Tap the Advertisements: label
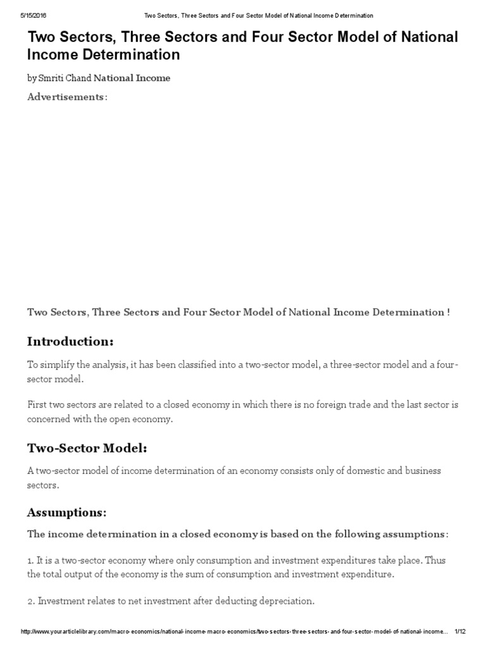coord(67,97)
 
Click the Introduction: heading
coord(70,342)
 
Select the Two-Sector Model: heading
coord(87,448)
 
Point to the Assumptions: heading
coord(66,512)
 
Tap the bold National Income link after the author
coord(132,78)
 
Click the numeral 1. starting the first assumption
coord(31,561)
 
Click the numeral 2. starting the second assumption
coord(31,601)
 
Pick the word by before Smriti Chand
coord(32,78)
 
